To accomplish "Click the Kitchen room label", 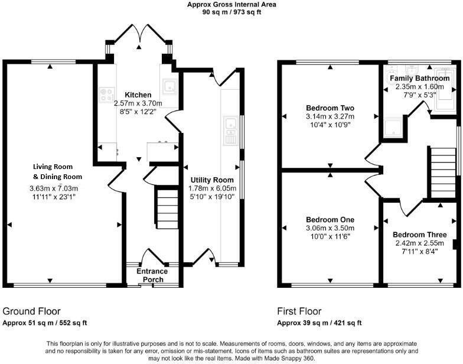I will tap(138, 95).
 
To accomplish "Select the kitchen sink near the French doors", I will tap(169, 87).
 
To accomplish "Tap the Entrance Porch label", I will tap(152, 275).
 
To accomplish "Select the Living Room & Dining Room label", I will tap(57, 172).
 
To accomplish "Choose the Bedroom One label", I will tap(330, 220).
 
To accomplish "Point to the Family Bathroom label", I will tap(419, 78).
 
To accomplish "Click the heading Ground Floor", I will tap(31, 311).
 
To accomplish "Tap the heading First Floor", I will tap(299, 311).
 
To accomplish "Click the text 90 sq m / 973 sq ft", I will tap(231, 12).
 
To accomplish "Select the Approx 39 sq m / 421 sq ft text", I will tap(319, 323).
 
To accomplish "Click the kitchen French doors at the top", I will tap(139, 37).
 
